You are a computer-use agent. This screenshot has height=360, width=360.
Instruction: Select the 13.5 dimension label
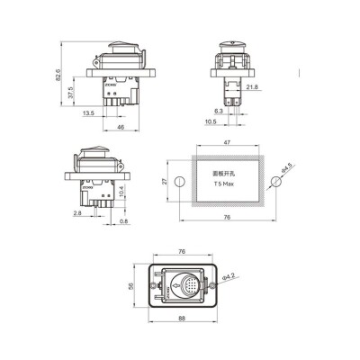point(88,114)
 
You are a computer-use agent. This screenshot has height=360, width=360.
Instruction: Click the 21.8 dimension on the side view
point(252,87)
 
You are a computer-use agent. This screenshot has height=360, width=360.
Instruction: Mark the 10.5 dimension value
point(211,121)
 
